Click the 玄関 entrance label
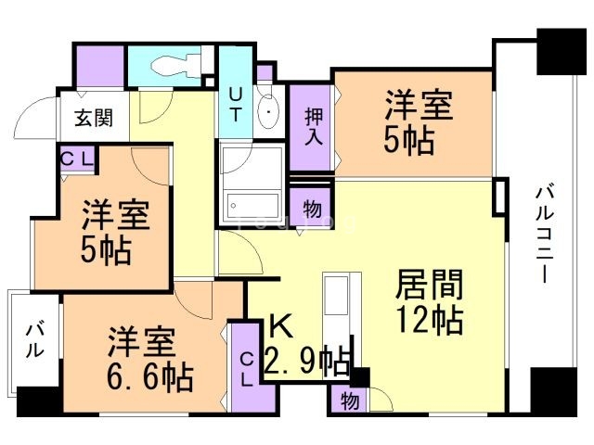(94, 118)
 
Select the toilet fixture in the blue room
(175, 66)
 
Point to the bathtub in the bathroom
(252, 206)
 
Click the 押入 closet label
(314, 126)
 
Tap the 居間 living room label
(429, 285)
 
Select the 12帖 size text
(429, 320)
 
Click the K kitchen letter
(280, 327)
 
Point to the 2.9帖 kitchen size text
(307, 361)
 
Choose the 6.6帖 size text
(150, 376)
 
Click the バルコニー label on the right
(545, 235)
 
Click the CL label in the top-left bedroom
(77, 159)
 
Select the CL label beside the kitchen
(247, 369)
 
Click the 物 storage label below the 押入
(312, 209)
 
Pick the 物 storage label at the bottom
(349, 400)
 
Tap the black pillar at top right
(561, 52)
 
